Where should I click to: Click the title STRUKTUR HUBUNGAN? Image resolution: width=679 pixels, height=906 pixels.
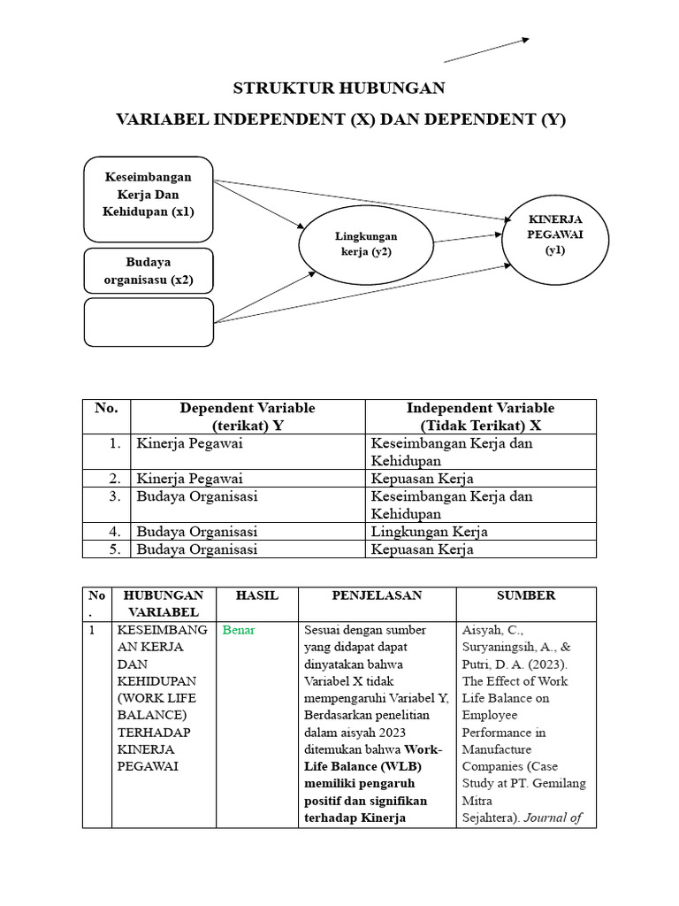click(x=339, y=88)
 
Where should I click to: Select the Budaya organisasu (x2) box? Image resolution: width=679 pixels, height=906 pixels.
click(x=148, y=272)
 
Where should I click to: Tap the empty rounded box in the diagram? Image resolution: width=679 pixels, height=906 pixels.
click(x=148, y=322)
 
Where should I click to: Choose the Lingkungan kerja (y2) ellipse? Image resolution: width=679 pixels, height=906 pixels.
click(x=366, y=243)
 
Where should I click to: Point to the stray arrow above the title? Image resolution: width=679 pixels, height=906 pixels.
click(x=485, y=50)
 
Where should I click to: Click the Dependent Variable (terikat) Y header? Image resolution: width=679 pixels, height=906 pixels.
click(x=248, y=416)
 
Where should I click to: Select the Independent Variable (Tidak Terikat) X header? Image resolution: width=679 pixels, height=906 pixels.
click(x=480, y=416)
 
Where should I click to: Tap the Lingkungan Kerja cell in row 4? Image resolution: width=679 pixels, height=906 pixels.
click(x=430, y=532)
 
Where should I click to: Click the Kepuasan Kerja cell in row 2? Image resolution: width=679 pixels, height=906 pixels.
click(x=423, y=479)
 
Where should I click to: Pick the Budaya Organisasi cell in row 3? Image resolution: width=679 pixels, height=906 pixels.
click(x=197, y=496)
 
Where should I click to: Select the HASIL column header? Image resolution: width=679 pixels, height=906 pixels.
click(x=256, y=595)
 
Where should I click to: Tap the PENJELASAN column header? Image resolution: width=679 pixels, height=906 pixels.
click(x=377, y=595)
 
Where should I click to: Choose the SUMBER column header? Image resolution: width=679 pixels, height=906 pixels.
click(x=526, y=595)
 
